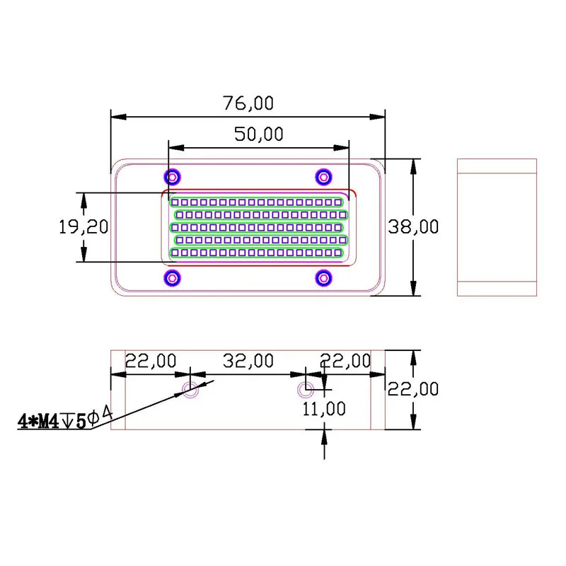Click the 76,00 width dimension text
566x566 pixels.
248,103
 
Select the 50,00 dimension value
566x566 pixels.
259,134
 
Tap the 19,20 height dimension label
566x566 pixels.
83,227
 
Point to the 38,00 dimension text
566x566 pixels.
413,227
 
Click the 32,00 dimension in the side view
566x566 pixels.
248,361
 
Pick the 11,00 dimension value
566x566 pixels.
324,409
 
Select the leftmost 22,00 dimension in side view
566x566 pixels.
151,361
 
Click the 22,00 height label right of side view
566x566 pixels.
413,388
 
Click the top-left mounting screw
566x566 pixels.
173,177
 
